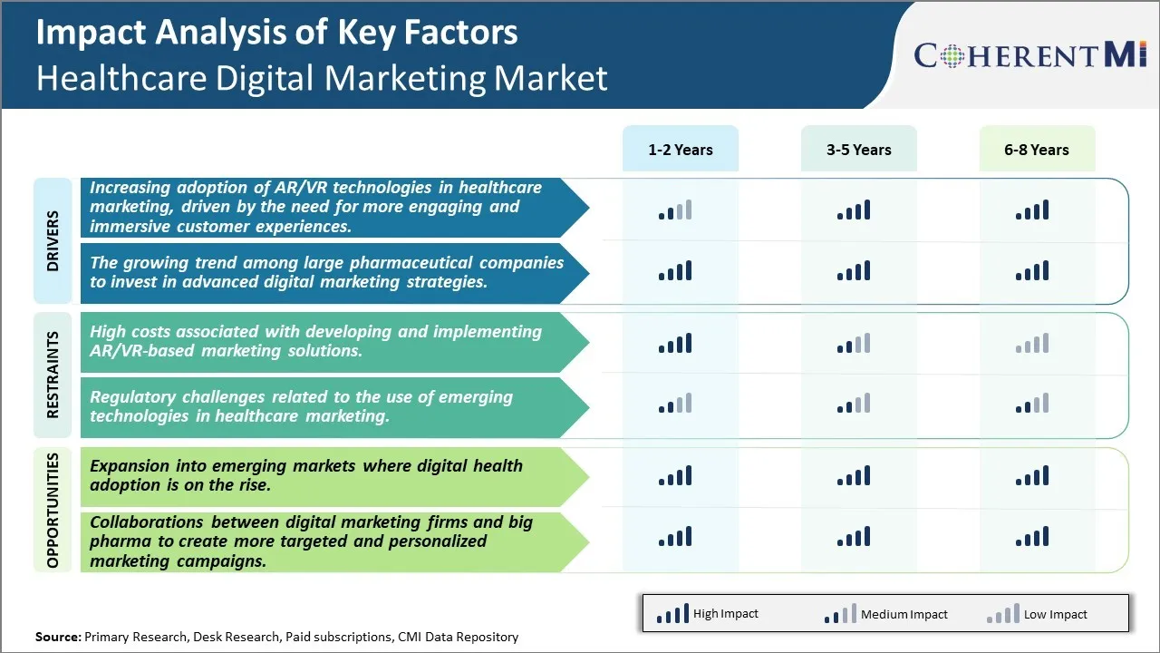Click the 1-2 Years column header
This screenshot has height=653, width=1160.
tap(680, 150)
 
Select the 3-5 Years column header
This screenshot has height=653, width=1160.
tap(858, 150)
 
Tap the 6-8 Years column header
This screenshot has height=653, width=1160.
tap(1036, 150)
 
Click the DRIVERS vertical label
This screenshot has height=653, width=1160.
tap(53, 241)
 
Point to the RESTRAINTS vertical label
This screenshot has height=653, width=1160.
tap(53, 375)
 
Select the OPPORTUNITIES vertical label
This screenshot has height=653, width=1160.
tap(53, 511)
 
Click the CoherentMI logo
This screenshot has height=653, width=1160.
tap(1030, 56)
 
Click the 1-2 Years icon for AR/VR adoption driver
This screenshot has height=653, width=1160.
tap(675, 210)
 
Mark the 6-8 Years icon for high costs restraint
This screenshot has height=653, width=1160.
tap(1032, 344)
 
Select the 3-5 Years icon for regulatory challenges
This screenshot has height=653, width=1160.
tap(854, 404)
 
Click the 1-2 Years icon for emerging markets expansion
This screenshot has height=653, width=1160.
tap(675, 476)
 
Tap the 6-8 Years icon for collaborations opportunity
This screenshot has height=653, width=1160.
tap(1032, 537)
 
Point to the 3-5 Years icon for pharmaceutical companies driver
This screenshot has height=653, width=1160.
tap(854, 270)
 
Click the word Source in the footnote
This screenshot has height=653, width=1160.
tap(57, 637)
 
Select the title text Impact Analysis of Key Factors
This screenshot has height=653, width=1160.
tap(276, 33)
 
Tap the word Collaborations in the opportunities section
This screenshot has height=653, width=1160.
tap(149, 522)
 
